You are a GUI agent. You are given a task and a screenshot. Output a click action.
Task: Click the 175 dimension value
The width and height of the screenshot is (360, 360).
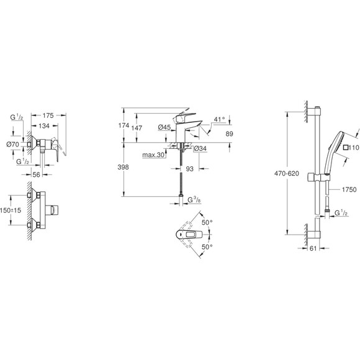[x=48, y=115]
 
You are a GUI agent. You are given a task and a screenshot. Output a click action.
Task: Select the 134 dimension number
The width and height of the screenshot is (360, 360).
[x=44, y=126]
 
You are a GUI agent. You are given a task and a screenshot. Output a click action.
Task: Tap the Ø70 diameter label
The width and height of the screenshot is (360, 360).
[x=13, y=144]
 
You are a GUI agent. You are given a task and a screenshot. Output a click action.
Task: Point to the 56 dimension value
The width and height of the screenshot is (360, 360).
[x=36, y=174]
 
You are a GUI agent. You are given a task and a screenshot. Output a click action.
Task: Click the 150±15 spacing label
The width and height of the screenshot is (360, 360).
[x=11, y=210]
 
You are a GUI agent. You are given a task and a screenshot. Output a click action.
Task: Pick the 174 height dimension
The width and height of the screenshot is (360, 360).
[x=124, y=125]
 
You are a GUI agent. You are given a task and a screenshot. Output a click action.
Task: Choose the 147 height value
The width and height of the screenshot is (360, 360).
[x=137, y=128]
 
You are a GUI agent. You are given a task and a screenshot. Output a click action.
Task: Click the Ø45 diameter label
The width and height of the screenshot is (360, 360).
[x=164, y=127]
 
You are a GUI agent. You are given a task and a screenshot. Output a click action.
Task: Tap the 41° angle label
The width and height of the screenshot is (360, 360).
[x=220, y=119]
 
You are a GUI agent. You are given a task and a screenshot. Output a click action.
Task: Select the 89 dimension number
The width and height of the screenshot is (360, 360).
[x=229, y=133]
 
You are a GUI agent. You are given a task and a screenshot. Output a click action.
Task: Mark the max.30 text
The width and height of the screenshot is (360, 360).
[x=153, y=155]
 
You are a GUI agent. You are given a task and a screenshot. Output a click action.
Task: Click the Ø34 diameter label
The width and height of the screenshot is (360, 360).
[x=200, y=148]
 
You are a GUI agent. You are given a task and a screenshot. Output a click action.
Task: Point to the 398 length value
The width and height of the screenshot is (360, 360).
[x=124, y=167]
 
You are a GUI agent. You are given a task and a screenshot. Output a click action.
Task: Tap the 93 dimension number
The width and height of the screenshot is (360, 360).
[x=190, y=169]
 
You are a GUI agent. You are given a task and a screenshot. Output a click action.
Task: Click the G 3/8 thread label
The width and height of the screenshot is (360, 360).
[x=194, y=200]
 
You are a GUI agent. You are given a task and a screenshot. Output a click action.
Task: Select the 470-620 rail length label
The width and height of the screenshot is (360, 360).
[x=287, y=174]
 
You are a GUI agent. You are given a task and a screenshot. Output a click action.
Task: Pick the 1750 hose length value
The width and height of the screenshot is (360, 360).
[x=349, y=189]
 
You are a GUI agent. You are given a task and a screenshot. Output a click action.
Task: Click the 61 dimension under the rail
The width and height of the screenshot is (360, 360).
[x=313, y=248]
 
